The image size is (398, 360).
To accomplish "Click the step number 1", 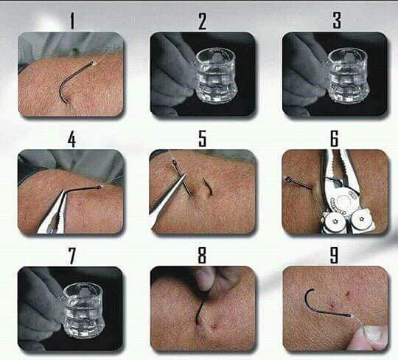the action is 72,21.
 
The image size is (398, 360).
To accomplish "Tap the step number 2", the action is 202,21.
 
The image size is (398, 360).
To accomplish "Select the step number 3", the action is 337,21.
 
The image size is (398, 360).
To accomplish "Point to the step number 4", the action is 72,139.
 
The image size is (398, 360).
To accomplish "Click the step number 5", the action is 202,139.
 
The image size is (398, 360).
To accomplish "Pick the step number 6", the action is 335,139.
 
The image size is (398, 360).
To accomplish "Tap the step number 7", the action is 72,256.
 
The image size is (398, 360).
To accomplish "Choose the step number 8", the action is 202,255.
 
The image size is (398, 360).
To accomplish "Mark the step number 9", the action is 334,255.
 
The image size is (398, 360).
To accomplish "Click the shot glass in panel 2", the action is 216,75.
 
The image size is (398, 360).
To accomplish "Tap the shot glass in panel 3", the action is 348,75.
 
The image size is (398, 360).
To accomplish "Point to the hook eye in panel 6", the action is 288,179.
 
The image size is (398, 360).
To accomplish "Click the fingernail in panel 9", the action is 374,332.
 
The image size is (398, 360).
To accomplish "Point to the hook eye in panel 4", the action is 99,187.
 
